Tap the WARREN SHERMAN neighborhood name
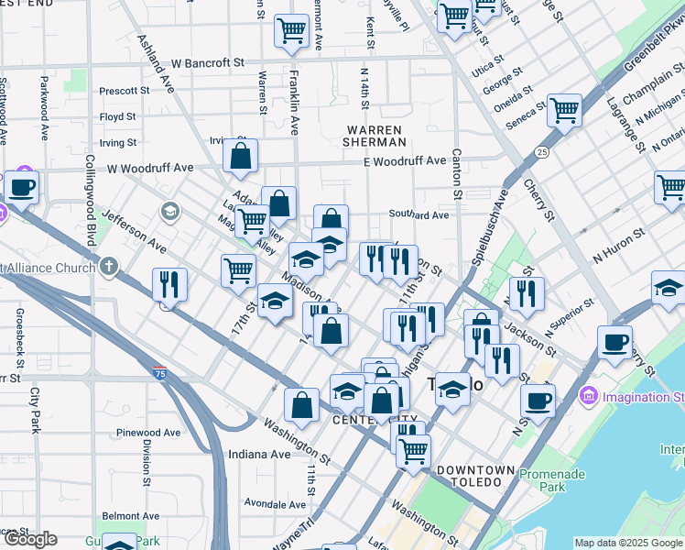374,136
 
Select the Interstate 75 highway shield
161,376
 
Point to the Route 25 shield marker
542,151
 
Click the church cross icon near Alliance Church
109,268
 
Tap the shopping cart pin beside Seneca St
564,111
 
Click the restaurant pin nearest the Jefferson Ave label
169,284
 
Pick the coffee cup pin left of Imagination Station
538,400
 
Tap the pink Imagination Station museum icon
588,397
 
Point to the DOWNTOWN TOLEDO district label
475,470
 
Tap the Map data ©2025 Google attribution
627,543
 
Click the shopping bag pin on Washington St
301,404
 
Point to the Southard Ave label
419,215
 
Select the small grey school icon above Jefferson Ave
169,213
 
